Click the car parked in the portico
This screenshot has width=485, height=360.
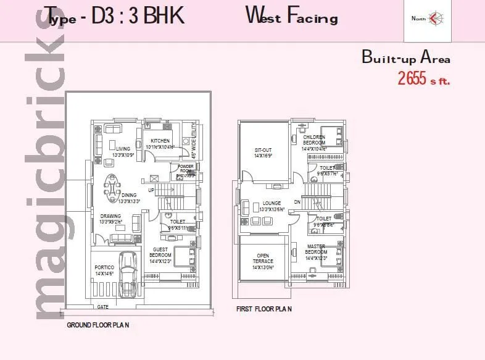(128, 272)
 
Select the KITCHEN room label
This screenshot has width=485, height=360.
(160, 141)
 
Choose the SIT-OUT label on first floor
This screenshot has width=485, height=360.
(263, 150)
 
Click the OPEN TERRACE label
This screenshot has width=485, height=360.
(263, 257)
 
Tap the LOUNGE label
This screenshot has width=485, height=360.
(272, 203)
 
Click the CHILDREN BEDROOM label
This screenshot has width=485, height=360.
(314, 140)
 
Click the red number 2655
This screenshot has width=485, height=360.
(412, 79)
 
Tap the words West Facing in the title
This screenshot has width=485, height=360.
(292, 15)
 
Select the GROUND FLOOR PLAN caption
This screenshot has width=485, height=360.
(97, 324)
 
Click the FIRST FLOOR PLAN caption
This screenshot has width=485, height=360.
(263, 308)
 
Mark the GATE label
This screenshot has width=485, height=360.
(104, 306)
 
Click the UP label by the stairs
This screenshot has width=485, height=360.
(151, 182)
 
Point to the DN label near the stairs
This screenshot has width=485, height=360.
(297, 202)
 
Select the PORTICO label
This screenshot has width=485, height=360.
(104, 267)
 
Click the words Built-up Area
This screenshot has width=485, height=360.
(405, 59)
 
